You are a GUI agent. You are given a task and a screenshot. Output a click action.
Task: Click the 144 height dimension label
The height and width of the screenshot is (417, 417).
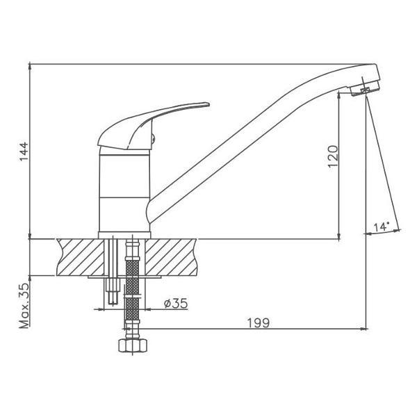pos(24,152)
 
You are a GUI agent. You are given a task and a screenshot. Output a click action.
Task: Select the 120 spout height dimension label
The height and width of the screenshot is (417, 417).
pos(333,156)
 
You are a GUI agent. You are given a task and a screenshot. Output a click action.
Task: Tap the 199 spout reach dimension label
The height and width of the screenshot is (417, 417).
pos(259,323)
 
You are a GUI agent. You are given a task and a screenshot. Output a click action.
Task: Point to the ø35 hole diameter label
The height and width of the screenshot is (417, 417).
pos(176,303)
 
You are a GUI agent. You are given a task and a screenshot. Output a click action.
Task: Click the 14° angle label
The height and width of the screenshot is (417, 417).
pos(381,227)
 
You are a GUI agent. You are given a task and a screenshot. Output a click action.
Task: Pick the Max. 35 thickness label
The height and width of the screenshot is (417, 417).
pos(24,306)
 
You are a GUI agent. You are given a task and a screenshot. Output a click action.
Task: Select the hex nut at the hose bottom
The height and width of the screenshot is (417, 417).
pos(133,345)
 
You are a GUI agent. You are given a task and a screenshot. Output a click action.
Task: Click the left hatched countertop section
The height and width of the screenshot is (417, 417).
pos(81,257)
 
